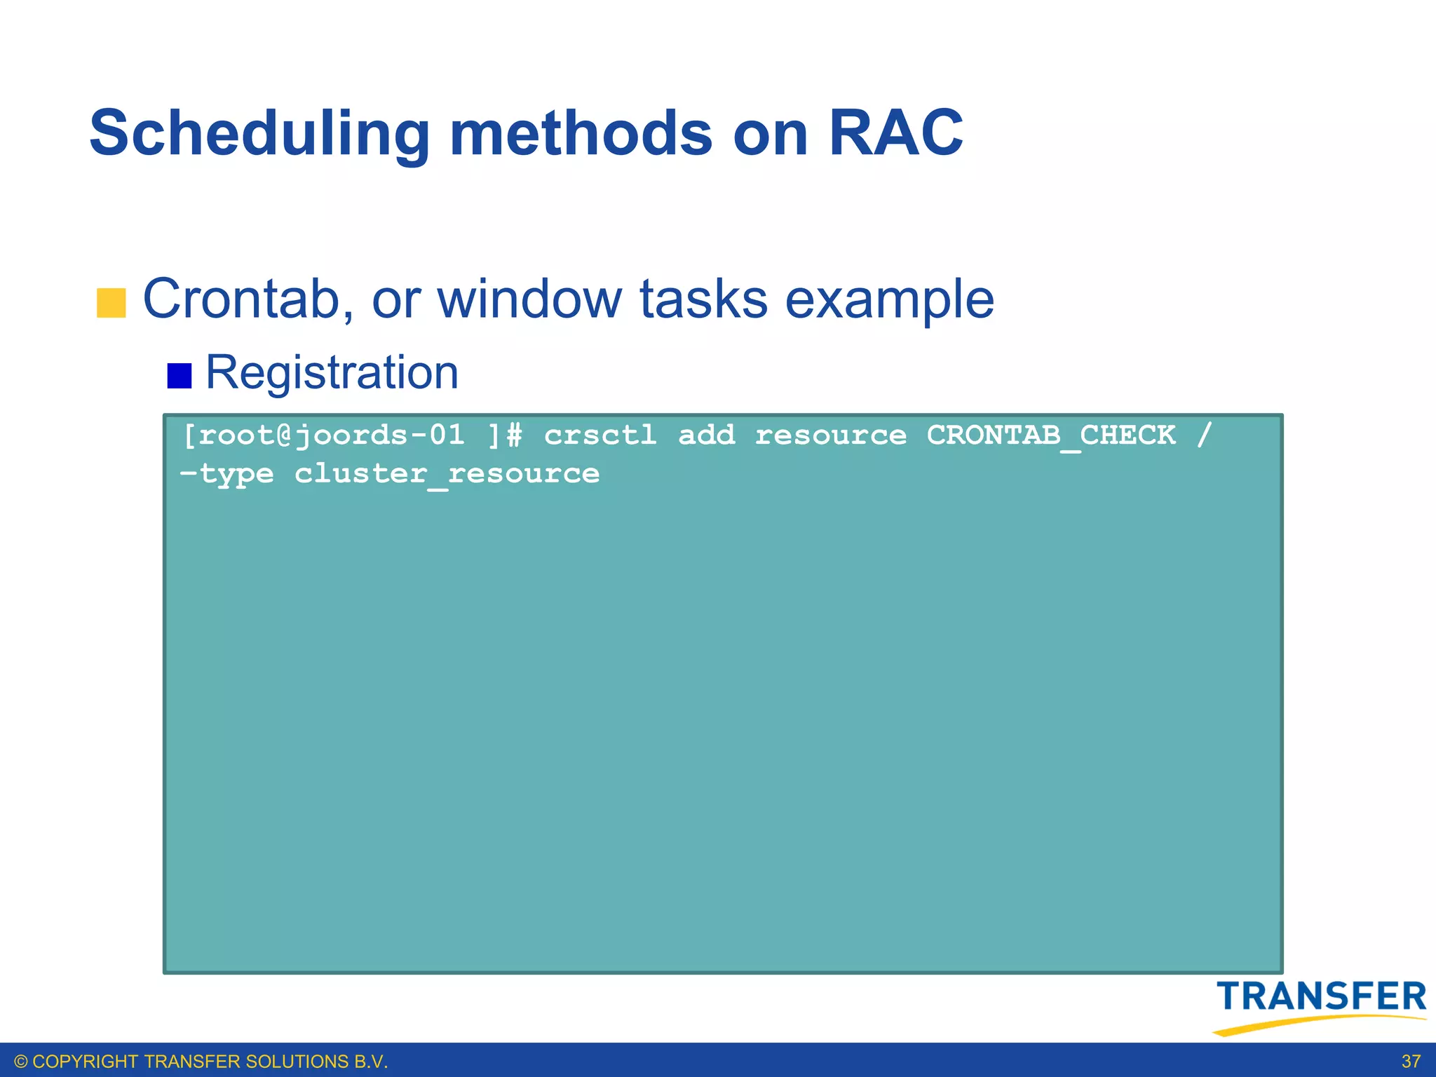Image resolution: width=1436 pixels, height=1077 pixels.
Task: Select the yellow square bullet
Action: coord(111,303)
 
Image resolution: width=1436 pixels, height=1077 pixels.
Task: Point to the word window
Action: coord(529,299)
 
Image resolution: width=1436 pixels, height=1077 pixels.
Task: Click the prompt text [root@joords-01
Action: coord(323,435)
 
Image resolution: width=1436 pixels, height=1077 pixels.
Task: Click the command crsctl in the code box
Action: coord(600,435)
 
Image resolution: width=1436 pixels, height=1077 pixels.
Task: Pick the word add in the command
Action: coord(706,435)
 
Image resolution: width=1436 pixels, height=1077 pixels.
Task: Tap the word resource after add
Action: coord(830,435)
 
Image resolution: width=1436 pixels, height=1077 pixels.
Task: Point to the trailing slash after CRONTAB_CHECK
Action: coord(1204,435)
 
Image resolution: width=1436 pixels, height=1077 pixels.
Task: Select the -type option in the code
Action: coord(226,474)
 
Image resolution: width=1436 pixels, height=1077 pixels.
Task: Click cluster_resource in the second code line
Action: coord(447,474)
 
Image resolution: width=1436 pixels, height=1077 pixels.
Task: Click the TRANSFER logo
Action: coord(1320,1004)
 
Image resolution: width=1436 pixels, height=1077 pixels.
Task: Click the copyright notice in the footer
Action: coord(201,1062)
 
